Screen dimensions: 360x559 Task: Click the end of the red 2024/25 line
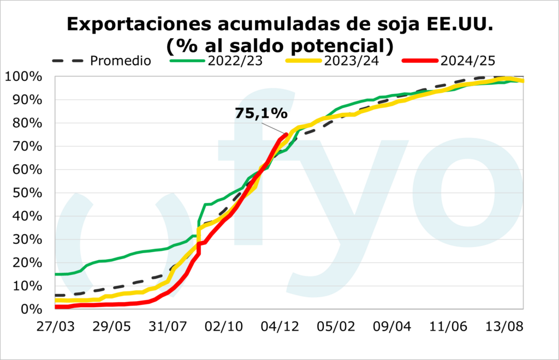pyautogui.click(x=286, y=134)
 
